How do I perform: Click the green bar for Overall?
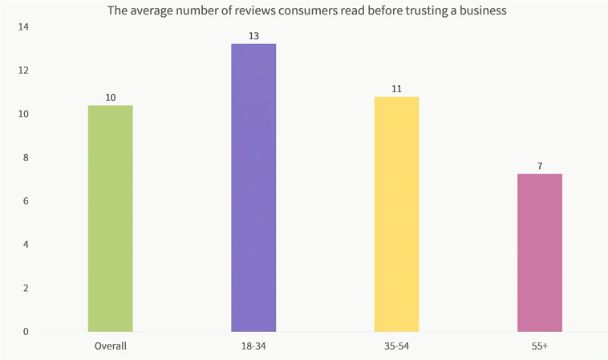(110, 218)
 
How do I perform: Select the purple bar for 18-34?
(253, 188)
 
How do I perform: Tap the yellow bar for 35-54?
(396, 214)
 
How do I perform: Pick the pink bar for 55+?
(539, 253)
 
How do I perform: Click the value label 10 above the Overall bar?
(111, 98)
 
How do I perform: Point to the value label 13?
(253, 36)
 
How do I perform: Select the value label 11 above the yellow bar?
(396, 89)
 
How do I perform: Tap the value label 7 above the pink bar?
(540, 166)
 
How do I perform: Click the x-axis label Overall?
(110, 346)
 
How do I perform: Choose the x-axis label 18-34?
(253, 346)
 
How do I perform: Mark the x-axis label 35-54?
(396, 346)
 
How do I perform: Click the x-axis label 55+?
(539, 346)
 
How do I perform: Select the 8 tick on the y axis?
(25, 158)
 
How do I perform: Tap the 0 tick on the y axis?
(25, 331)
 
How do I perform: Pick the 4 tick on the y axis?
(25, 245)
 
